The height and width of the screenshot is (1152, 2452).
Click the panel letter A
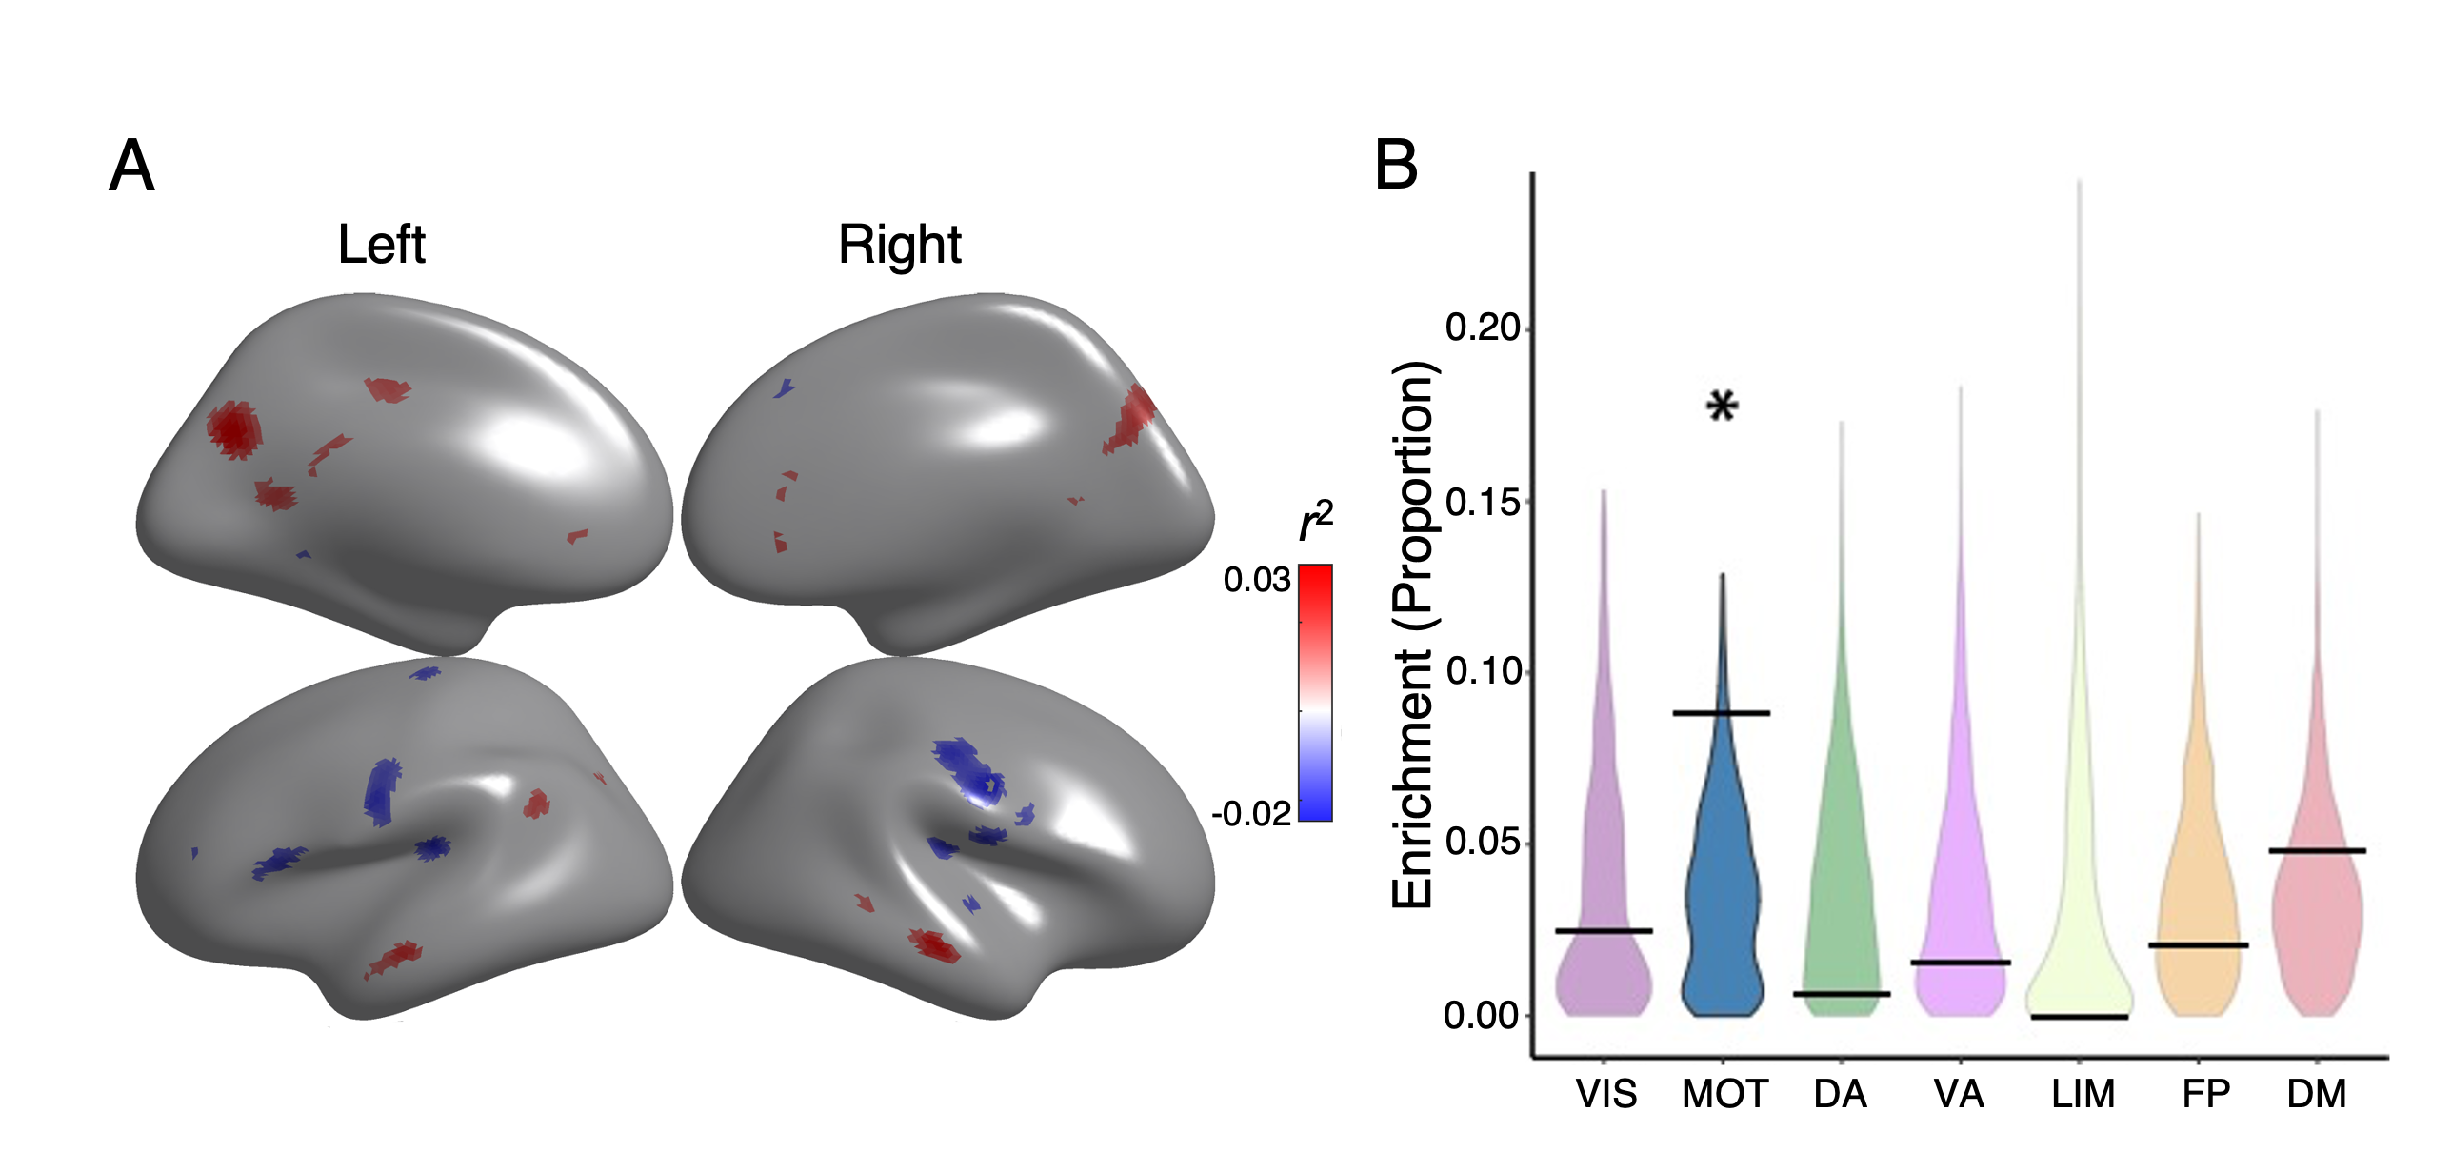[131, 167]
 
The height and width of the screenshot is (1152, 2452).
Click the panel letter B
[1396, 165]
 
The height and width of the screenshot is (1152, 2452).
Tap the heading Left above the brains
[381, 245]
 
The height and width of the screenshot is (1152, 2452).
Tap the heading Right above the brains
[900, 245]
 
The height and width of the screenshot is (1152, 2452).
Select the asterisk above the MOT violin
[1722, 407]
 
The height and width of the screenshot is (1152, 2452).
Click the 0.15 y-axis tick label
[1483, 502]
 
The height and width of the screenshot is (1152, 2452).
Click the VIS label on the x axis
[1605, 1095]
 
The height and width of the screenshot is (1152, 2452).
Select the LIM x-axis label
[2083, 1095]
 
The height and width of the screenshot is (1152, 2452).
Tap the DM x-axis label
[2317, 1095]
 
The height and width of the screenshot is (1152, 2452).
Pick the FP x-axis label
[2205, 1095]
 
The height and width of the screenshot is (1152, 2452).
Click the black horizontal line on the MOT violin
[1722, 713]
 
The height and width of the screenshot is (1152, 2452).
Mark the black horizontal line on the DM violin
[2317, 850]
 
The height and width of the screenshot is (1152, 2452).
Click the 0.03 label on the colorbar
[1256, 580]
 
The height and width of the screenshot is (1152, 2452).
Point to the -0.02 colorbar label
[1251, 814]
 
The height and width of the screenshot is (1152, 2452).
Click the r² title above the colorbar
[1316, 522]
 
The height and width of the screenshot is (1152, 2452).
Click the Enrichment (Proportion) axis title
[1413, 635]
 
